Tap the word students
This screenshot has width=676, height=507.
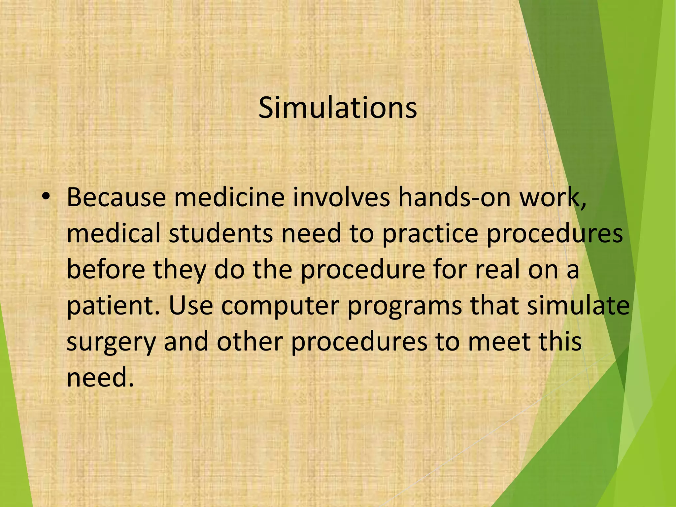point(221,233)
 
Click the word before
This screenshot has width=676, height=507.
point(106,269)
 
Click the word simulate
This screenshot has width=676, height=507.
point(578,306)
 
